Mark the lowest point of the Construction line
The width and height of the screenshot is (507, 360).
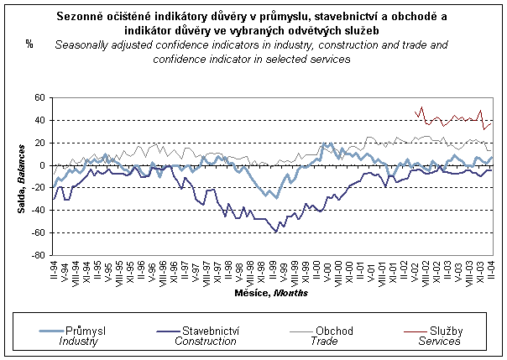click(x=275, y=232)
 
